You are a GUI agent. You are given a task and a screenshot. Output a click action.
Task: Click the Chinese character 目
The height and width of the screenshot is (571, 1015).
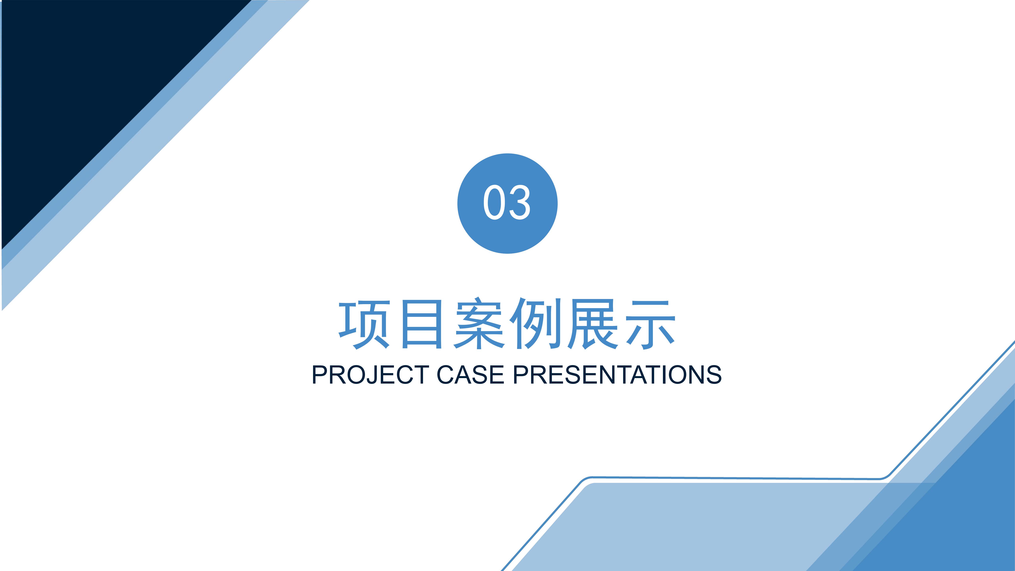[422, 324]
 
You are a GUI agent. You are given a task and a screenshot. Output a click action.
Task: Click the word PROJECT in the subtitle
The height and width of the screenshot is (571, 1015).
[370, 375]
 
